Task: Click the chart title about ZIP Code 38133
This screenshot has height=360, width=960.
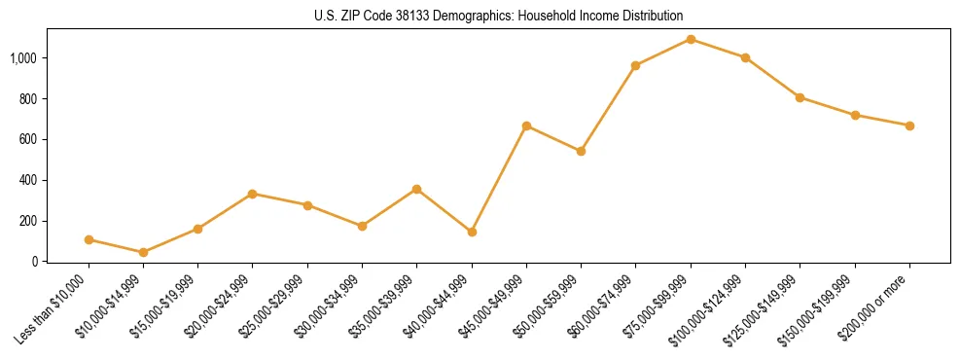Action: click(x=498, y=16)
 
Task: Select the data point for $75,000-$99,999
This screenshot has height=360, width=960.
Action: click(x=691, y=39)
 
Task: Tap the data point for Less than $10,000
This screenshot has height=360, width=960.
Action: click(x=89, y=239)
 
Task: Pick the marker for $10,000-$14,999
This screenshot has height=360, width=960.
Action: click(x=143, y=252)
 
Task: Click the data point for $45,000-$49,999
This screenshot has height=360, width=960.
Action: click(x=526, y=126)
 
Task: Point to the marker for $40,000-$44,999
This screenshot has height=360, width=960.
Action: click(x=472, y=232)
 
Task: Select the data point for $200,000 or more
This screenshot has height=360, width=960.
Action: click(x=909, y=126)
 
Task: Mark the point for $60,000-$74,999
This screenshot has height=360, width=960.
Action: click(x=635, y=65)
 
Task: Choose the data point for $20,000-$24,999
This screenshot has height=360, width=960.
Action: click(x=253, y=194)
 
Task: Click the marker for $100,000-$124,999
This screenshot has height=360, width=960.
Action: click(x=745, y=57)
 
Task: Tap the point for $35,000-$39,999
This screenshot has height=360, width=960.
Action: click(x=416, y=189)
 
